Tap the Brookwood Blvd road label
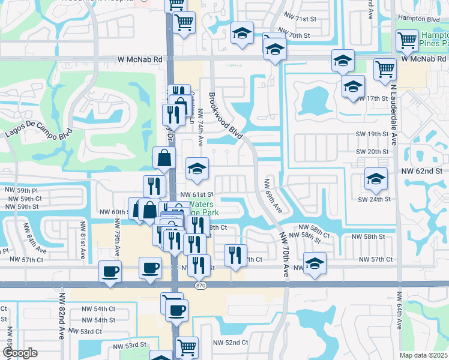(226, 116)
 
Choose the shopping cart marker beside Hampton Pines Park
(407, 41)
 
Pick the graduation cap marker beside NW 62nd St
(376, 179)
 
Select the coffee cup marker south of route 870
(176, 311)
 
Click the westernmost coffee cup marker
(110, 271)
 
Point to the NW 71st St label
(300, 19)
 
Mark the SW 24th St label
(374, 199)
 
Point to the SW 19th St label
(372, 134)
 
